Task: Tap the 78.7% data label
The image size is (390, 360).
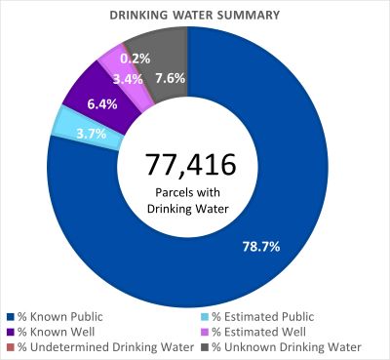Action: [260, 246]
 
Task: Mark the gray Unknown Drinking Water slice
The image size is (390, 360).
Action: [168, 49]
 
